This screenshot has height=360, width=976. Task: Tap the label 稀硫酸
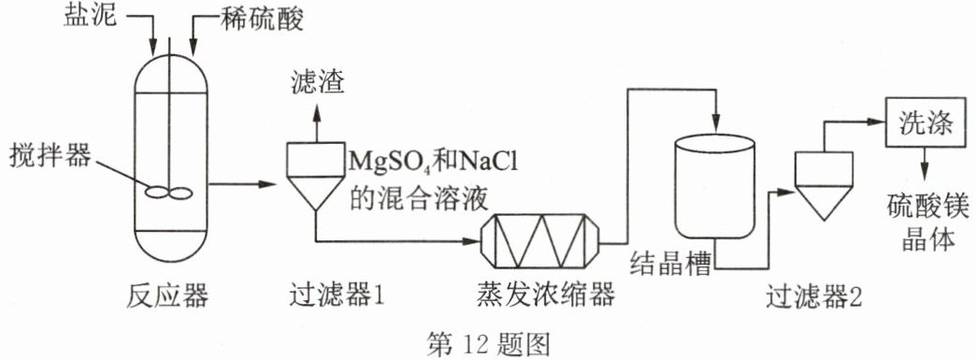262,21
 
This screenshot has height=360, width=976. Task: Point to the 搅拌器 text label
50,156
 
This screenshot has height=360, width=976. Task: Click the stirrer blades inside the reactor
168,193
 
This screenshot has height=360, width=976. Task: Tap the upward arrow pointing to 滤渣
317,122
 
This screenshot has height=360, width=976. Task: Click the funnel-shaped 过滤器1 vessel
316,176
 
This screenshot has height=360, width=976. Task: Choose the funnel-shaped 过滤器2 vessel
823,185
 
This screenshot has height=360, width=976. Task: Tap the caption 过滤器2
815,296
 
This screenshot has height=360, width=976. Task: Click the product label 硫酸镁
928,209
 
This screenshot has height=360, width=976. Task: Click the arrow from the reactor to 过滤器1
242,183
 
